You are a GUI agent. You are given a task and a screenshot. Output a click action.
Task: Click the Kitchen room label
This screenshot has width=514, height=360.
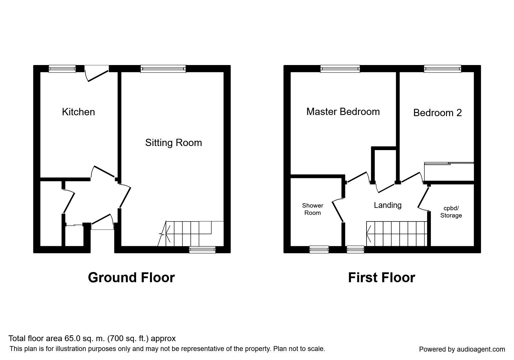[78, 112]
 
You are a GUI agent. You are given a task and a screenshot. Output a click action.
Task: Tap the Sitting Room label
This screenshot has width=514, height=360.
[173, 143]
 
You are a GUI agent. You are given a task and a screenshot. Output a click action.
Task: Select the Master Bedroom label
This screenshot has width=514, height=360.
[343, 111]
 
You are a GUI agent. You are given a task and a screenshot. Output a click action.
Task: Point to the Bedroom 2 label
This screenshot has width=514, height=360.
[437, 113]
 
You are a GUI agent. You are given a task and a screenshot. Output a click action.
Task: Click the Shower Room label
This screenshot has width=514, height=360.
[313, 209]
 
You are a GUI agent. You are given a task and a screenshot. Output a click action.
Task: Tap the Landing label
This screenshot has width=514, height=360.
[387, 205]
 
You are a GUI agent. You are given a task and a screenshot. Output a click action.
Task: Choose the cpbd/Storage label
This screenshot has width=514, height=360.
[451, 212]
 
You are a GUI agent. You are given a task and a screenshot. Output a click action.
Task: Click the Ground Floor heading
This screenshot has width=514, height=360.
[131, 278]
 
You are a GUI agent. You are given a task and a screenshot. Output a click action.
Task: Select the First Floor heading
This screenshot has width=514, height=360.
[381, 278]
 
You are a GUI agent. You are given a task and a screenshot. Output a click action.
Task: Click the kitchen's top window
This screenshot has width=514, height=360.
[62, 69]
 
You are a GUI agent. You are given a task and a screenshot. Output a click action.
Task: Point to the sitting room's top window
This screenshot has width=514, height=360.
[163, 69]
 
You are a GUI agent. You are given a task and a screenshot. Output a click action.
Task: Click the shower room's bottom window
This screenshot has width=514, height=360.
[319, 249]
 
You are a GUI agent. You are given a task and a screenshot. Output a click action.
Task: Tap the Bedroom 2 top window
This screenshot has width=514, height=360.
[442, 69]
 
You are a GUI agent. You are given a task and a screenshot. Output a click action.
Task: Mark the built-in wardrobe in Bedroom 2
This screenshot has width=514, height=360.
[449, 172]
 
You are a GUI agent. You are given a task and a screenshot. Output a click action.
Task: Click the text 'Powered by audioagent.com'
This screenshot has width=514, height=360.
[462, 349]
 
